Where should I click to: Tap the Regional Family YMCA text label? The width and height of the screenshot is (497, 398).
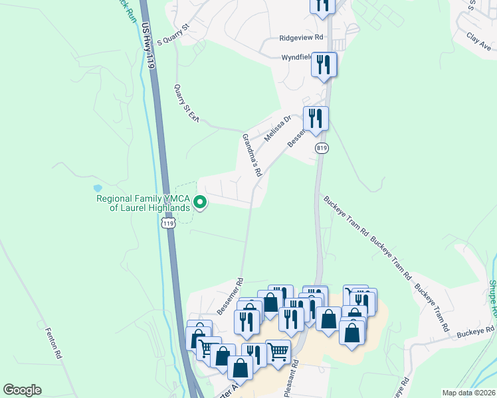pyautogui.click(x=143, y=202)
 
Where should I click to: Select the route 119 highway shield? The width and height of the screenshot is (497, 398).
pyautogui.click(x=169, y=224)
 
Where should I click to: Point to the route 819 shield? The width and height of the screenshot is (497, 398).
pyautogui.click(x=322, y=148)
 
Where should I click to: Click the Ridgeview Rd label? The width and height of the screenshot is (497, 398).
pyautogui.click(x=301, y=38)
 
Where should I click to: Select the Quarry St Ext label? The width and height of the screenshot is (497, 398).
pyautogui.click(x=186, y=103)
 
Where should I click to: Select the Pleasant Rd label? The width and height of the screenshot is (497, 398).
pyautogui.click(x=292, y=378)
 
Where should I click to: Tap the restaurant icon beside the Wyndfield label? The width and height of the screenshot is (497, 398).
pyautogui.click(x=324, y=64)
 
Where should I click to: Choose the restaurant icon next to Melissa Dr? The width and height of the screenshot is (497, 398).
pyautogui.click(x=315, y=119)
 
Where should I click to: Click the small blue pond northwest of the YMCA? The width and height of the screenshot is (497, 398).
pyautogui.click(x=98, y=188)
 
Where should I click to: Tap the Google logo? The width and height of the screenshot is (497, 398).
pyautogui.click(x=22, y=390)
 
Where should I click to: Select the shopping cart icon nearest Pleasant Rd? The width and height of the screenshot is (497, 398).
pyautogui.click(x=278, y=350)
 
